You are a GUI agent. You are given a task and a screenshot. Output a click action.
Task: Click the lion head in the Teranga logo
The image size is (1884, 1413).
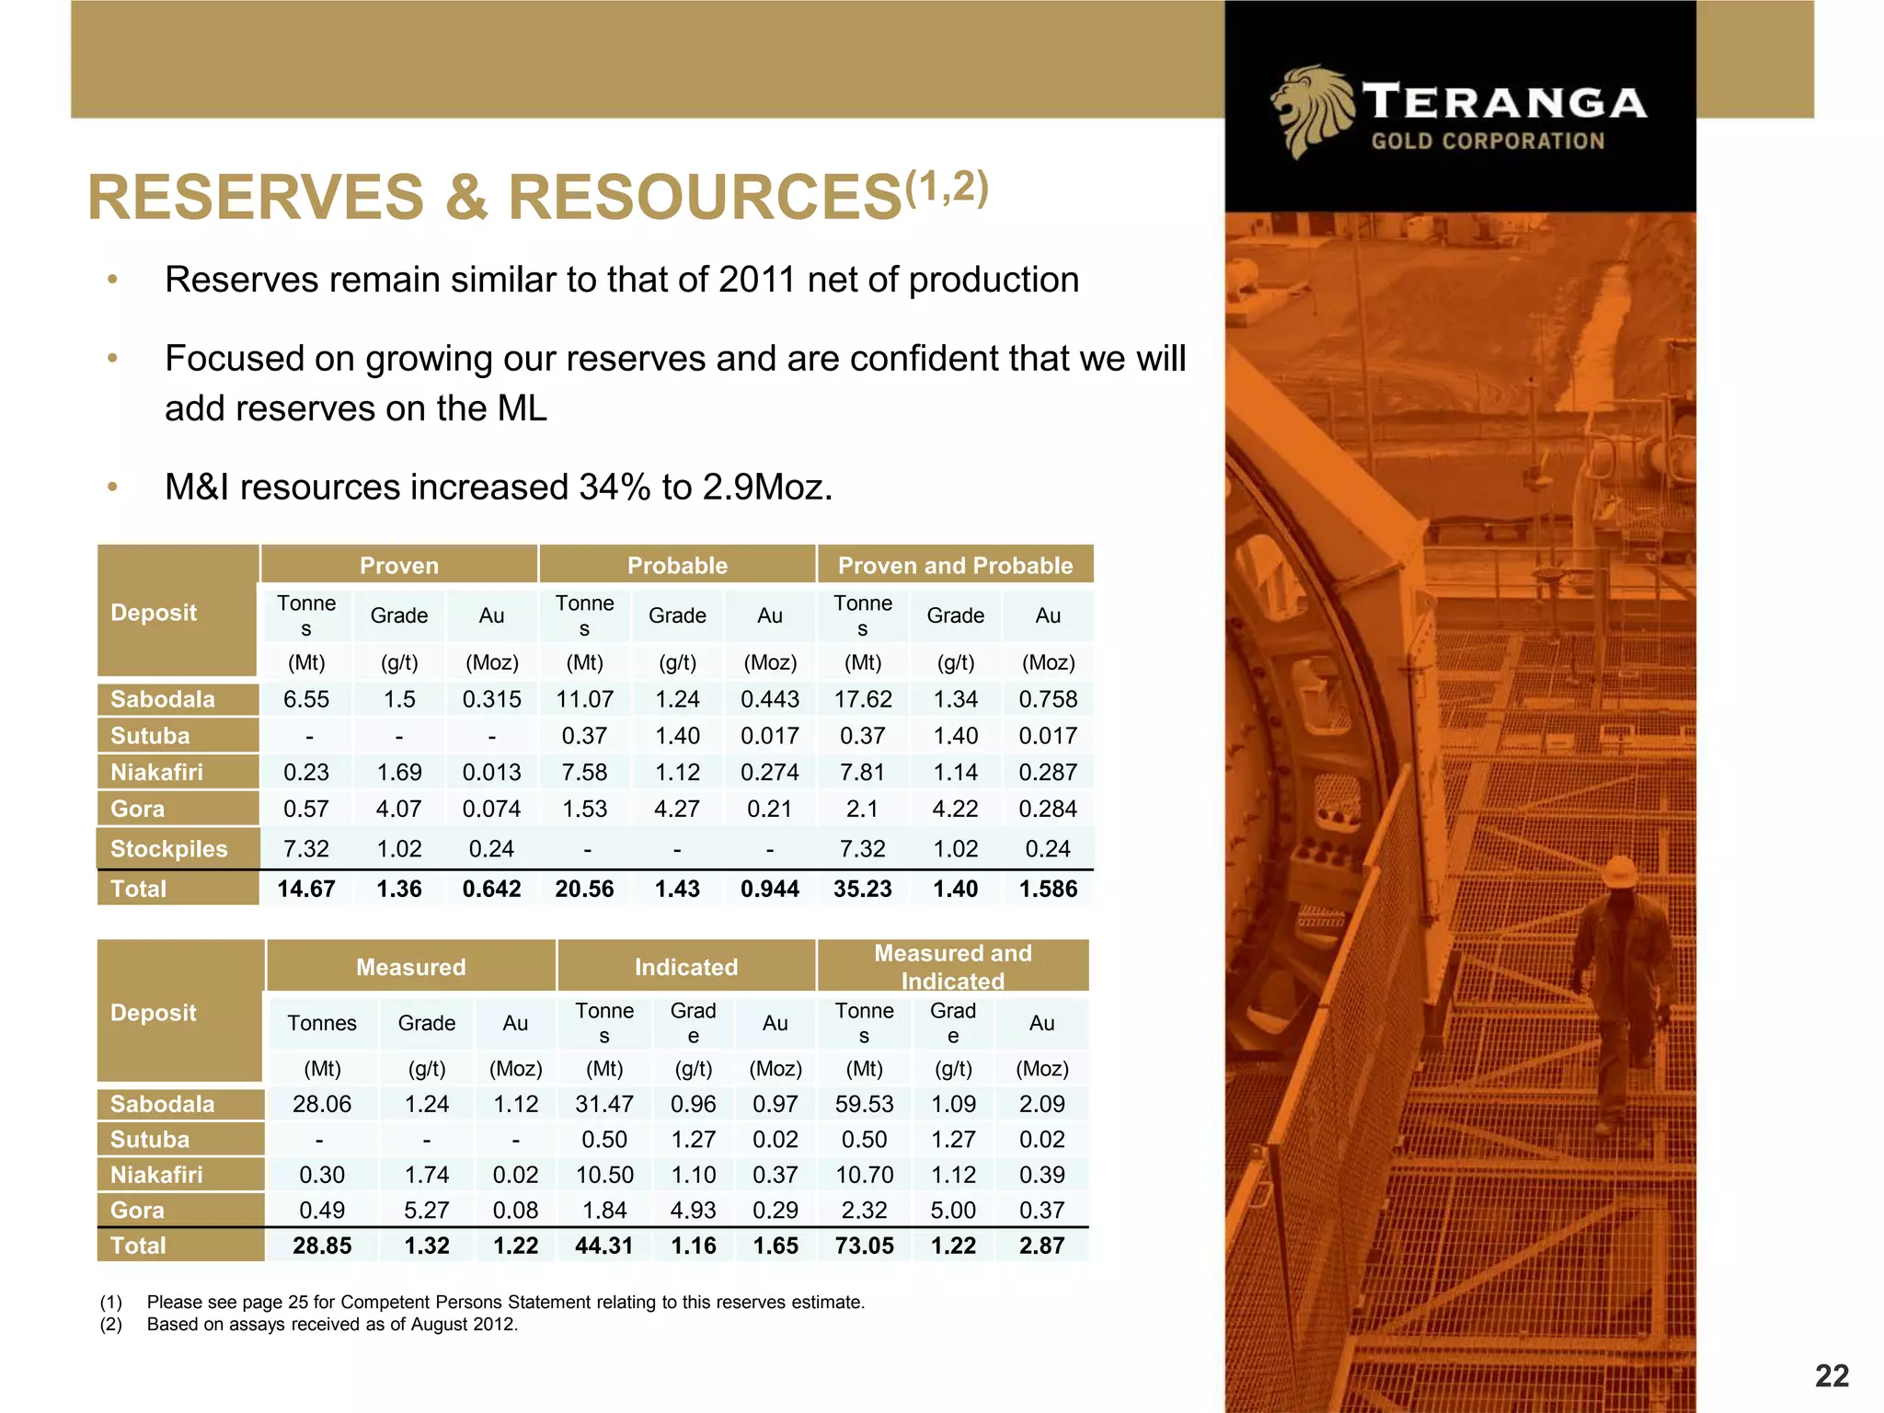(1311, 110)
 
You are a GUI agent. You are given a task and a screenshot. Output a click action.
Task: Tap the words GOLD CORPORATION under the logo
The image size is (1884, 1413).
(1488, 142)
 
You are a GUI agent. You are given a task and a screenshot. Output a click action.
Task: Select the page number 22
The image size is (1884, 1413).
(1832, 1375)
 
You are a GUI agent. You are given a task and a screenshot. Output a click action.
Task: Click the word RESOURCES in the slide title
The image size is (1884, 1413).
(704, 198)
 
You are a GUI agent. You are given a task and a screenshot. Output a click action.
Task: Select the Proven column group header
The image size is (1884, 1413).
(399, 565)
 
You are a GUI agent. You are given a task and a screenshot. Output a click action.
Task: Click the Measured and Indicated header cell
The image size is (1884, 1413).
(952, 966)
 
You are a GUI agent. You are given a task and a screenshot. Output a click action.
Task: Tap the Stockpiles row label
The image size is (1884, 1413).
(168, 849)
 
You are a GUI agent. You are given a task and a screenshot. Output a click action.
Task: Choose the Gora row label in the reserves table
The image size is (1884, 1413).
(138, 810)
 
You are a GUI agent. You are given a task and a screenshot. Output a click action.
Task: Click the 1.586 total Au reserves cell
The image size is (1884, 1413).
(1048, 890)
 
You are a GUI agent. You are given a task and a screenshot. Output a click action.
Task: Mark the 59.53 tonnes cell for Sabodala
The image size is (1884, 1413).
(864, 1104)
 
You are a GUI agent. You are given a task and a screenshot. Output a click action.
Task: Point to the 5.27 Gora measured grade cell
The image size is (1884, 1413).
(427, 1211)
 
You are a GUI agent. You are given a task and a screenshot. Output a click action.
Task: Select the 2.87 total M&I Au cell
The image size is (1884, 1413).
(1041, 1246)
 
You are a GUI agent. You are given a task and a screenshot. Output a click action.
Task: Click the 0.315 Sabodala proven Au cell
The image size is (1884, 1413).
(491, 700)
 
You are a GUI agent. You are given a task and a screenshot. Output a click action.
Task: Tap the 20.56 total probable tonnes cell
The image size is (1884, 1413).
(584, 890)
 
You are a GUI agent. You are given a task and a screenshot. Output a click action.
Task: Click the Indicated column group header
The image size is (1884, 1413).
(686, 967)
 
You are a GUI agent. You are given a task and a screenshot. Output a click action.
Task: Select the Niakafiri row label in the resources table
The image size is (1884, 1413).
(156, 1175)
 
